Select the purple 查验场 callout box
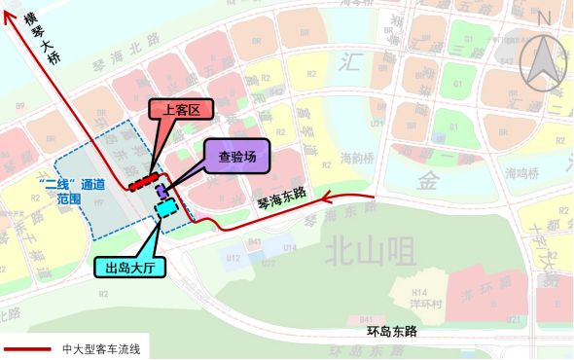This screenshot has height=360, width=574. [x=236, y=155]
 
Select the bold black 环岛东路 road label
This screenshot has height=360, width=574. [x=391, y=332]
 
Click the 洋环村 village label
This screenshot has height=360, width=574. [x=420, y=303]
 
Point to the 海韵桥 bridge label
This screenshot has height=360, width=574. [x=359, y=155]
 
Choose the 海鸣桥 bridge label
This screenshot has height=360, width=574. [x=522, y=173]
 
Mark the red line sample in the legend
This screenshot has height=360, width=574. [x=26, y=348]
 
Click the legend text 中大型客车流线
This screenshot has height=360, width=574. [x=100, y=348]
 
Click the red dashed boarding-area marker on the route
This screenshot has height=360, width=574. [x=142, y=182]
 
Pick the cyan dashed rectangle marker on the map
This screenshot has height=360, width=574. [x=165, y=207]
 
